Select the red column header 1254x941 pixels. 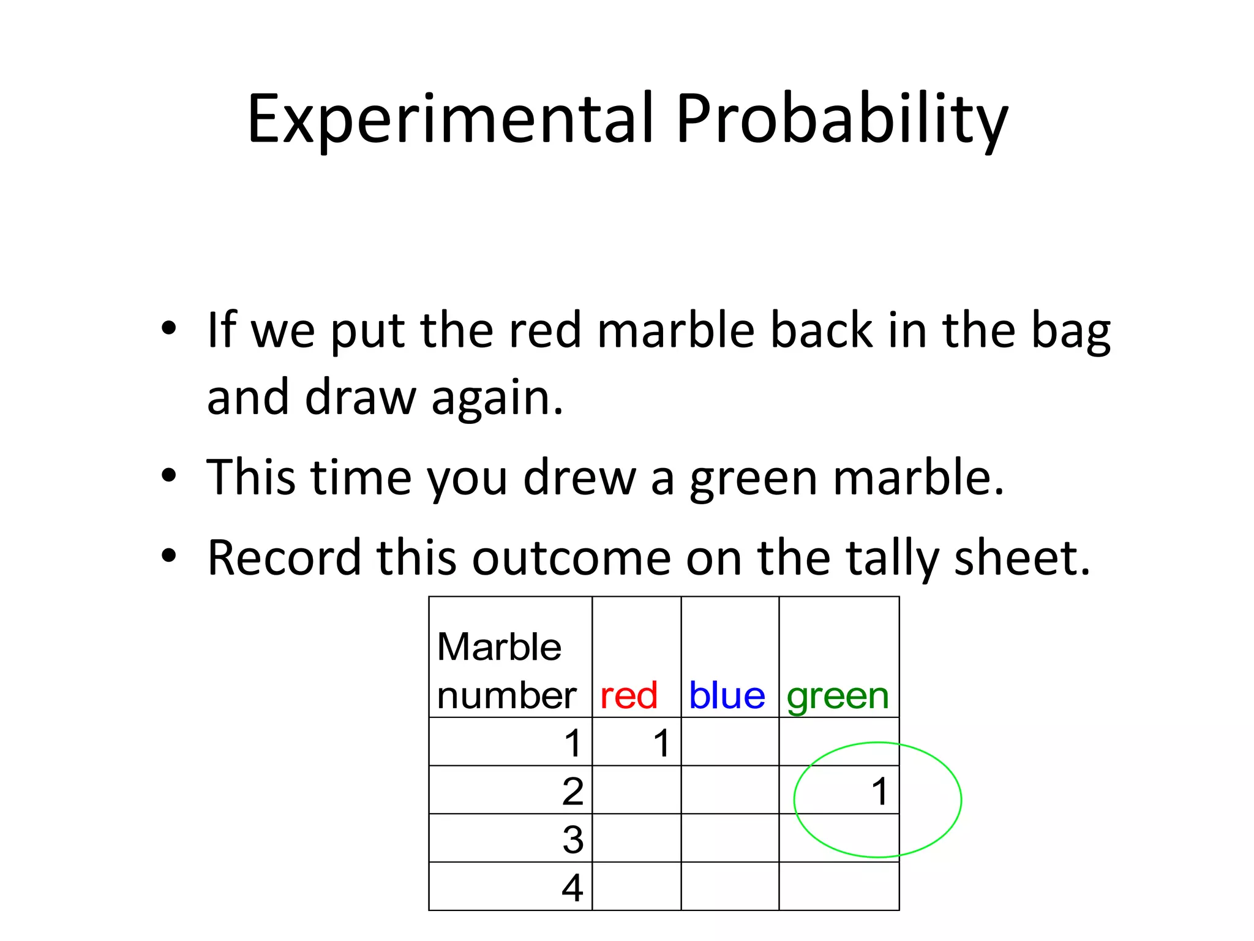coord(628,696)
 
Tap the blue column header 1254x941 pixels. coord(727,696)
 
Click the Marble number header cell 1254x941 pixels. coord(507,671)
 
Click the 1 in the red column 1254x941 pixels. coord(661,744)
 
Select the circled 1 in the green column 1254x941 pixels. coord(879,792)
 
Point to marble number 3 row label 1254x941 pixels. coord(573,839)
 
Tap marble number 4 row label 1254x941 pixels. coord(573,888)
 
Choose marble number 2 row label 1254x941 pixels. coord(573,792)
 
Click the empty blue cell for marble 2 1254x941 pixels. coord(730,790)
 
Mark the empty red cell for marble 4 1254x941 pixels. coord(636,886)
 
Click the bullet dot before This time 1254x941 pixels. coord(168,475)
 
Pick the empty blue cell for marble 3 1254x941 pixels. coord(730,838)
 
